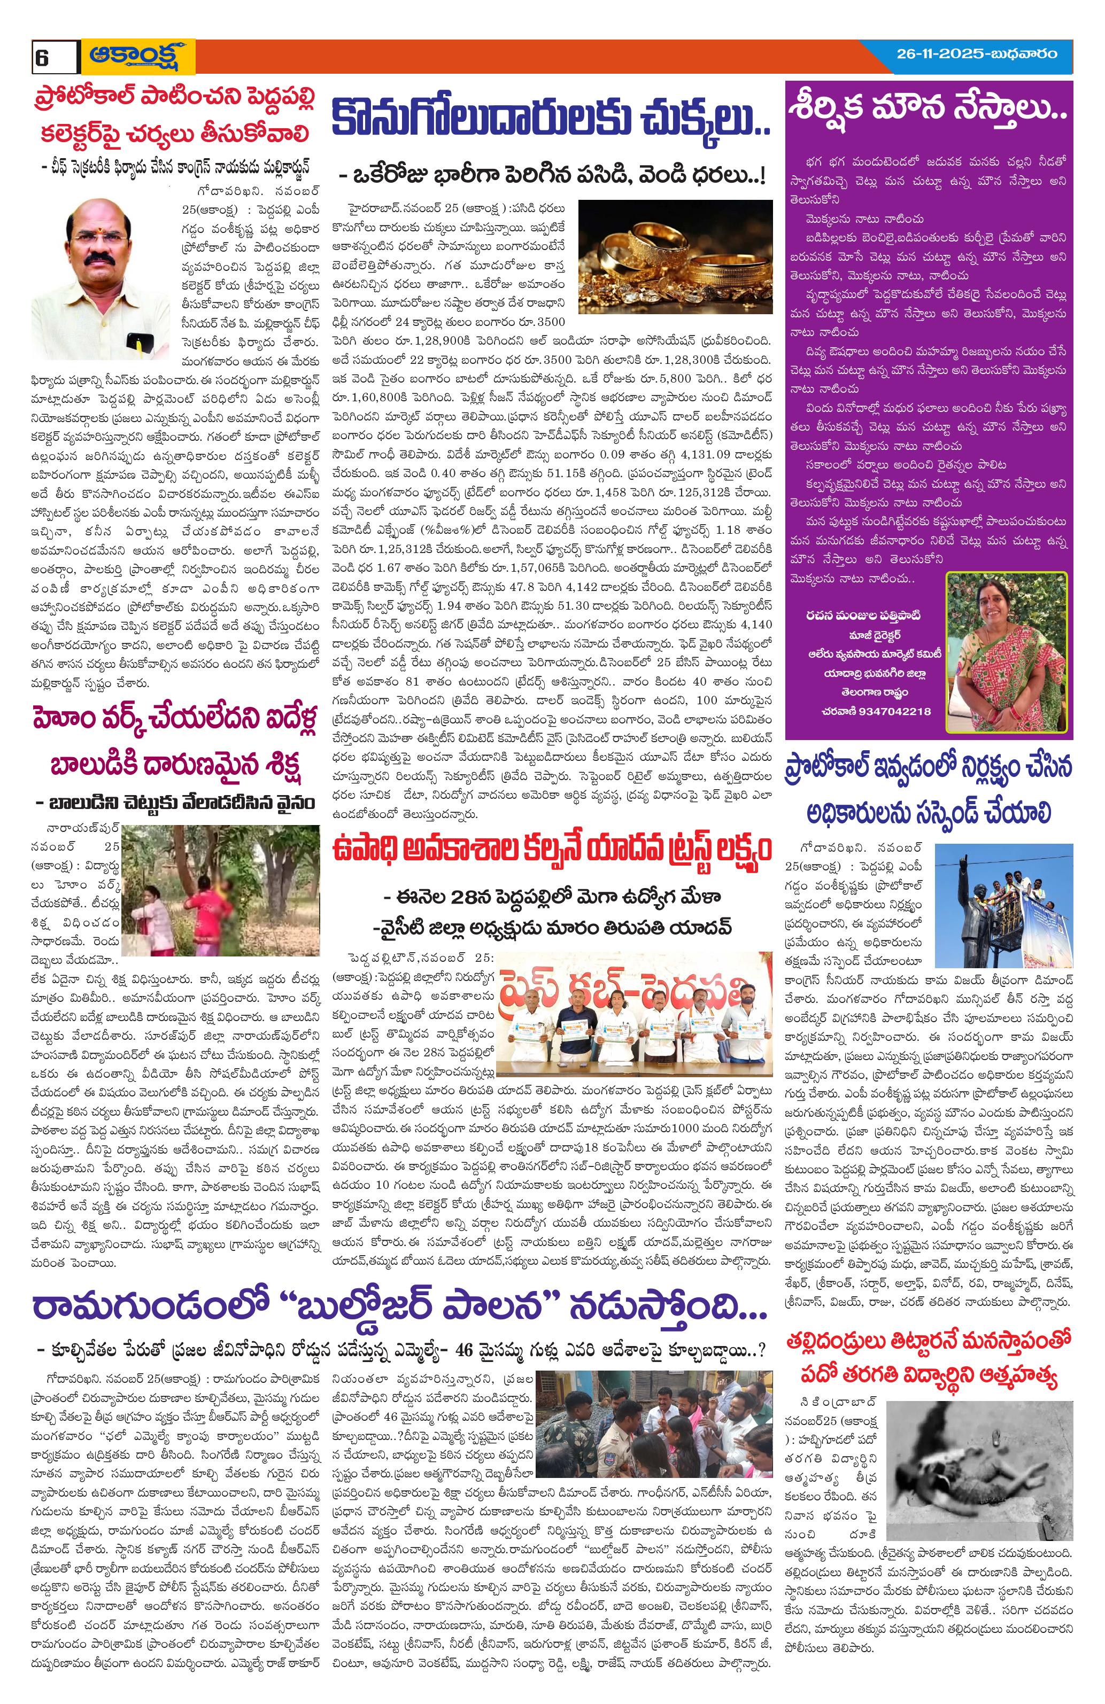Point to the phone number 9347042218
(x=877, y=711)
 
